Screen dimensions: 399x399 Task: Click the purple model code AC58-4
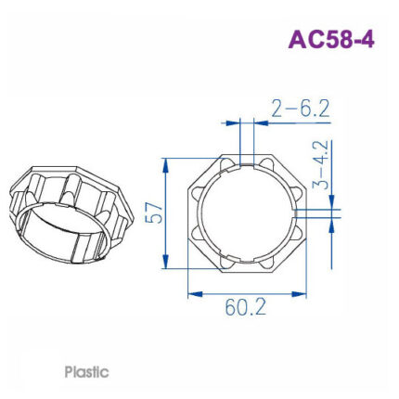click(x=331, y=40)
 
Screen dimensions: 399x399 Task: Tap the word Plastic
click(x=86, y=372)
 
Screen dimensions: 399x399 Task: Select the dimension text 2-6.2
click(x=301, y=109)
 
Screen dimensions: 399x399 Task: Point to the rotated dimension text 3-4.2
click(x=320, y=166)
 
